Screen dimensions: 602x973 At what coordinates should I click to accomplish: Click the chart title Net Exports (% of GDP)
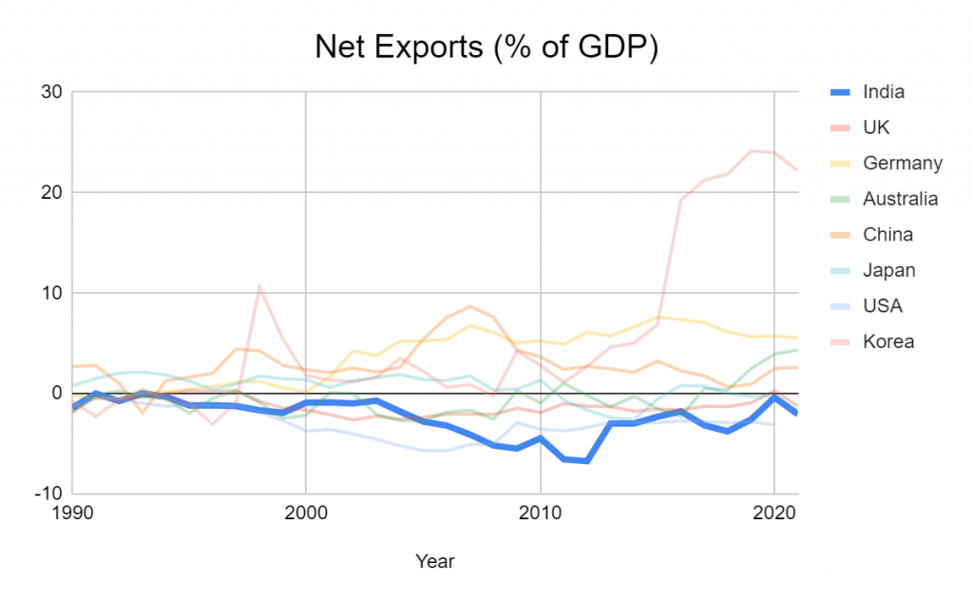click(x=486, y=47)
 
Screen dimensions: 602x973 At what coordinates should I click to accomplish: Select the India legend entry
click(x=883, y=92)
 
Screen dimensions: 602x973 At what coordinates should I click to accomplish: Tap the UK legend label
click(x=876, y=127)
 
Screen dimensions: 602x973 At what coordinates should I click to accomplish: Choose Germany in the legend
click(x=902, y=163)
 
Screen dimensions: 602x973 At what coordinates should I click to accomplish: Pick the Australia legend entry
click(x=900, y=199)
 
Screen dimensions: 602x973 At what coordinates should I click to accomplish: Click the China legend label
click(x=887, y=234)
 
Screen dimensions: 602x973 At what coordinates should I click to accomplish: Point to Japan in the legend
click(x=888, y=270)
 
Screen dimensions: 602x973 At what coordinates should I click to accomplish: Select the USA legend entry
click(x=882, y=305)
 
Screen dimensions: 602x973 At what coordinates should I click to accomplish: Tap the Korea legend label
click(x=887, y=340)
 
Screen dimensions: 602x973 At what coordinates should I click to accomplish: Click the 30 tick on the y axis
click(x=50, y=92)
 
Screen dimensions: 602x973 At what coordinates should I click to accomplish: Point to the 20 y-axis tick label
click(x=50, y=192)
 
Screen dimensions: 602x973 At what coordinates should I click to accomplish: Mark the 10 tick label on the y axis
click(x=51, y=293)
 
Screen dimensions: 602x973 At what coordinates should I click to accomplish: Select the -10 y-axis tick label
click(x=47, y=494)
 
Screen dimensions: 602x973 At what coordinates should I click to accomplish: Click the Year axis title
click(x=435, y=561)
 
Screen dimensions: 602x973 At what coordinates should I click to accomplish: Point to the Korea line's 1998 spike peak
click(x=258, y=285)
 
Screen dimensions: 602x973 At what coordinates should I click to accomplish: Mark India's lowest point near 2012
click(x=587, y=461)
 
